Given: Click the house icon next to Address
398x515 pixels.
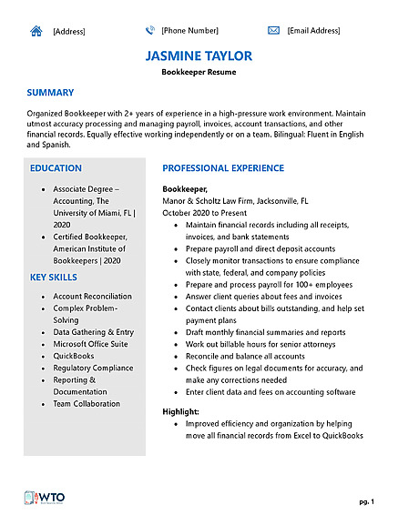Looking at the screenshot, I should pos(36,30).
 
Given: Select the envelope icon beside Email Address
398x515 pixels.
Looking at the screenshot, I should pos(273,30).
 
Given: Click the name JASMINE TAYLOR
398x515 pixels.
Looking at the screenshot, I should pos(199,56).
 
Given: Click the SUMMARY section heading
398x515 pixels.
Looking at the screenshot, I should pos(50,93).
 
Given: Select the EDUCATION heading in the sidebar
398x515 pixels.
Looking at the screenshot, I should pos(56,168).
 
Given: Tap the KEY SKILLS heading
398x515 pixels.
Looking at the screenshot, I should pos(53,277).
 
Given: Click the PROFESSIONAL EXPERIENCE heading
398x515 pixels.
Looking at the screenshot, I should pos(223,168).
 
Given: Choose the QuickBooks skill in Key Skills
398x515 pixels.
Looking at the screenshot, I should pos(74,356).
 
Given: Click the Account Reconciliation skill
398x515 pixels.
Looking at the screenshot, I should pos(92,297).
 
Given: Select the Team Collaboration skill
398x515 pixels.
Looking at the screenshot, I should pos(87,404).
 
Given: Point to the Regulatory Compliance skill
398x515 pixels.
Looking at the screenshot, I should pos(92,368).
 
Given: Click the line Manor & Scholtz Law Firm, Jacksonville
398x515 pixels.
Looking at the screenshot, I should pos(235,200).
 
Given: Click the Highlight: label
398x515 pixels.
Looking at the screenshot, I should pos(180,412).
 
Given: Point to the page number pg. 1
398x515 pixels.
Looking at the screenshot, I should pos(365,501).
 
